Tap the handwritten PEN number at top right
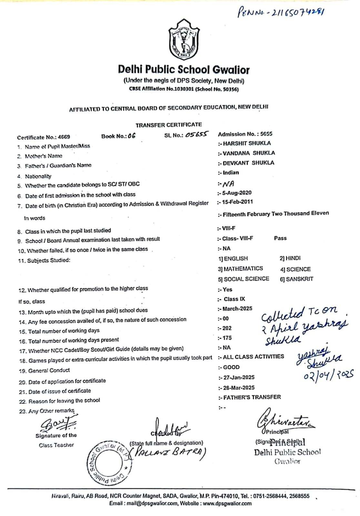tap(281, 13)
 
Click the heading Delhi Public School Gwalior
tap(184, 69)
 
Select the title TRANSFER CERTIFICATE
tap(168, 125)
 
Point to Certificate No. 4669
tap(44, 137)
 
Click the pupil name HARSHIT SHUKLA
tap(247, 143)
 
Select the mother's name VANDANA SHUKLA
tap(249, 153)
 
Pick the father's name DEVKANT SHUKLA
tap(248, 163)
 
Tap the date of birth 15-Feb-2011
tap(237, 202)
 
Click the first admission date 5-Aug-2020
tap(236, 193)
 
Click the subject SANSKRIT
tap(299, 279)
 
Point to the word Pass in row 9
tap(280, 238)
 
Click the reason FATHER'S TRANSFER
tap(252, 397)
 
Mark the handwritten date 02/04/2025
tap(328, 375)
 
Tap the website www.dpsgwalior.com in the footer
tap(227, 503)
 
